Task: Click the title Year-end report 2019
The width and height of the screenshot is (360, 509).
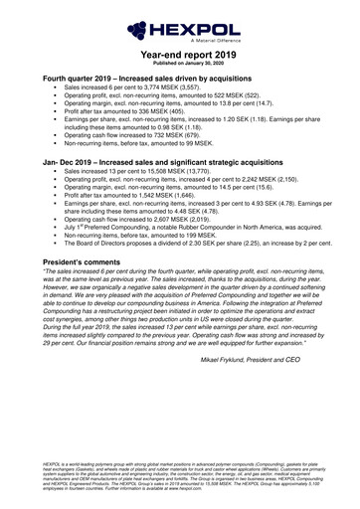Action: [x=180, y=48]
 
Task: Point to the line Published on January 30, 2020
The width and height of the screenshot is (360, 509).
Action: [x=180, y=58]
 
